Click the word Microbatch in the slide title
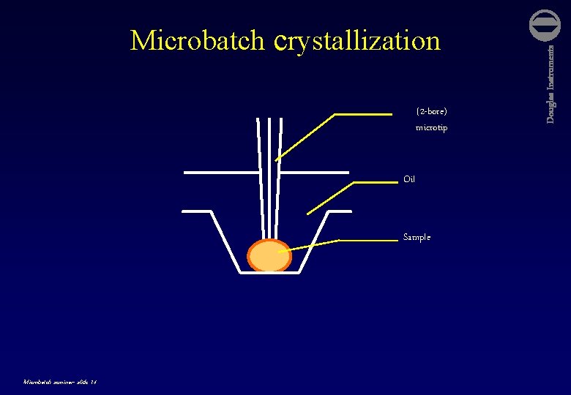(198, 41)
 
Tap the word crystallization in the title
(357, 41)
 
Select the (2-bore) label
(431, 112)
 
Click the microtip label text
(431, 128)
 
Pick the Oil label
(409, 179)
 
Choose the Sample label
(417, 237)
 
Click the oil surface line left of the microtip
(220, 173)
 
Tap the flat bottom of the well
(269, 274)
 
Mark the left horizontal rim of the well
(196, 211)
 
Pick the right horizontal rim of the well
(340, 211)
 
